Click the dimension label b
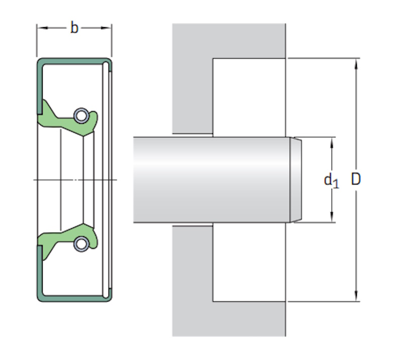tap(74, 28)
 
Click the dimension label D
tap(356, 179)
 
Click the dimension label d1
tap(332, 181)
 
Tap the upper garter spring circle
tap(81, 116)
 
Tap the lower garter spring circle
tap(81, 244)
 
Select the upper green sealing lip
tap(68, 119)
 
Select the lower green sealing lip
tap(68, 241)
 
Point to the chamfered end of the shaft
tap(295, 179)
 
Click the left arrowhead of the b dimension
tap(43, 28)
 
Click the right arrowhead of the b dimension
tap(106, 28)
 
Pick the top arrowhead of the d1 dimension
tap(332, 143)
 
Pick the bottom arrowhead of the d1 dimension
tap(332, 217)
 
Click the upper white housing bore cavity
tap(249, 98)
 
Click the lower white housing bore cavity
tap(249, 262)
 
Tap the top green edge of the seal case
tap(74, 61)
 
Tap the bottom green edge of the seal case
tap(74, 299)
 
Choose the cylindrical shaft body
tap(212, 179)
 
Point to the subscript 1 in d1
tap(336, 184)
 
